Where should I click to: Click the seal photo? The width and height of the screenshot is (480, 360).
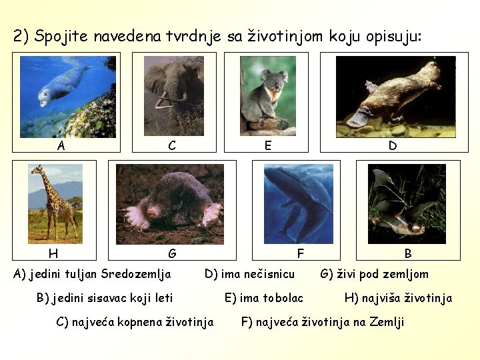[67, 97]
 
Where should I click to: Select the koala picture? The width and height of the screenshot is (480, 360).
[267, 95]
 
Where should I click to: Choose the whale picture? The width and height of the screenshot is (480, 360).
[297, 203]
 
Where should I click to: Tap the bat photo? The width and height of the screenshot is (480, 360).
[407, 203]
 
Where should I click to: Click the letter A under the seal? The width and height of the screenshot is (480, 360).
[61, 145]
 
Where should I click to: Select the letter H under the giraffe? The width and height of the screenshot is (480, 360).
[53, 253]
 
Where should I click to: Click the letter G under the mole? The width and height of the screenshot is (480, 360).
[172, 253]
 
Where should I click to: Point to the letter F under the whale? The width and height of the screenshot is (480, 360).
[300, 253]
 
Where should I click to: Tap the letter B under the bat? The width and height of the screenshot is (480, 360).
[408, 253]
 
